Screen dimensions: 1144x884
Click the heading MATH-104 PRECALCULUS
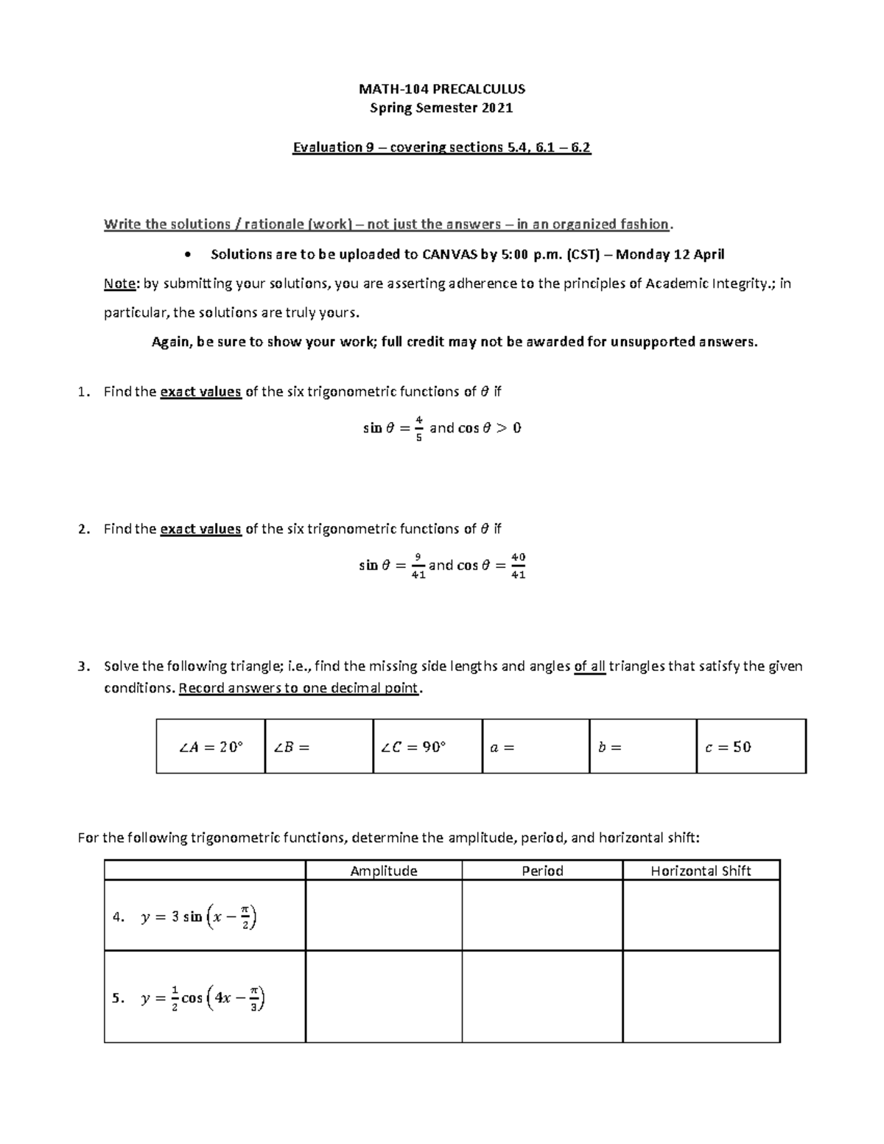tap(441, 89)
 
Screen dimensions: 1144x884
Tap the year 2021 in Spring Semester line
tap(497, 108)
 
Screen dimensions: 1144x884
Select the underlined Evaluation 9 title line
tap(441, 147)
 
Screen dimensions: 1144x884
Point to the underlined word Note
tap(119, 284)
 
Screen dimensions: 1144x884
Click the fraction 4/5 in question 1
tap(418, 428)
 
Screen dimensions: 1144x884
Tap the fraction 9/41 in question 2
tap(418, 566)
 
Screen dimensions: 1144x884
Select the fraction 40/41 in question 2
tap(518, 566)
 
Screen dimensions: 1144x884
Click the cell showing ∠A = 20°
tap(211, 747)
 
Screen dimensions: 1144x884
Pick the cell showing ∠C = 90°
tap(427, 747)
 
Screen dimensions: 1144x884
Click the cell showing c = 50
tap(751, 747)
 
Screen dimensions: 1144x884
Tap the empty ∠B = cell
tap(318, 747)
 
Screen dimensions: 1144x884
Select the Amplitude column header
tap(384, 871)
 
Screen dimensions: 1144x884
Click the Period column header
tap(542, 871)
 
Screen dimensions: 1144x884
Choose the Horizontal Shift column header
tap(701, 871)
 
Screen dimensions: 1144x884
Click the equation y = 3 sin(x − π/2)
tap(198, 916)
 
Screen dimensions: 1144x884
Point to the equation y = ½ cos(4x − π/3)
tap(202, 998)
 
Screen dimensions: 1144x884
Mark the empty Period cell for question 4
tap(542, 916)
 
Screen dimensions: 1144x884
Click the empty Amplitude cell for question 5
tap(384, 997)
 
